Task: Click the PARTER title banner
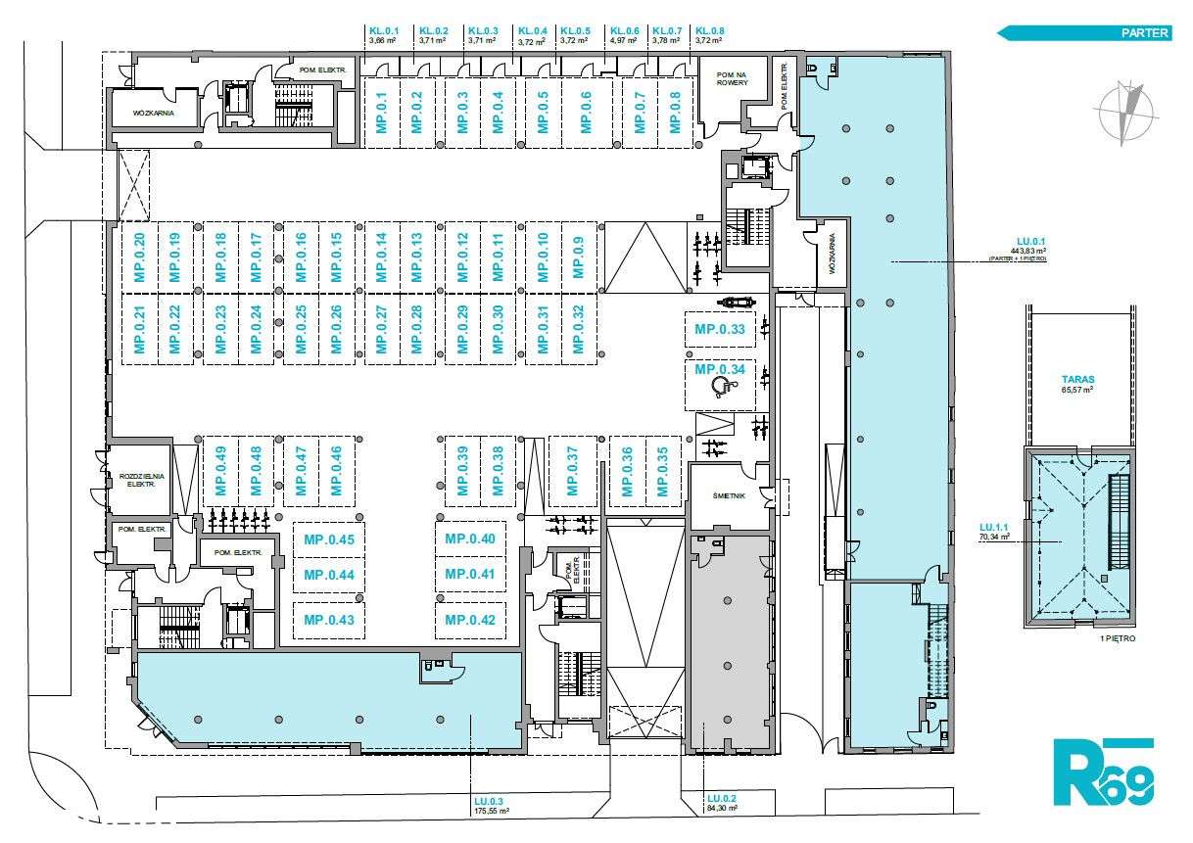point(1087,33)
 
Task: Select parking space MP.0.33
point(720,330)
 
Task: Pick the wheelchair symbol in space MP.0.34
point(721,389)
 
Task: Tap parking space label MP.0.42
point(470,620)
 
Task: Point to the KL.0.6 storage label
point(624,35)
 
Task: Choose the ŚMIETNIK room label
point(730,496)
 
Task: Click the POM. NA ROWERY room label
point(731,77)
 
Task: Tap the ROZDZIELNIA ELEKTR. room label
point(138,480)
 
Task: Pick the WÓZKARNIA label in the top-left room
point(154,113)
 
